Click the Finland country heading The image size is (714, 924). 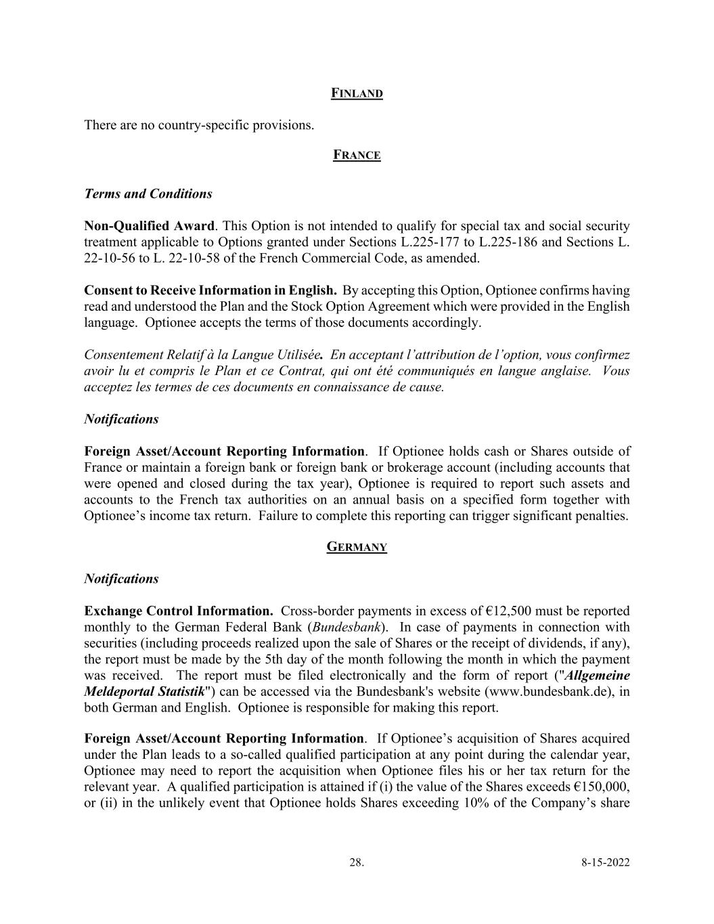[357, 93]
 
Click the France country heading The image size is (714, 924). [357, 156]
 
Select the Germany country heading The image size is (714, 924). [357, 547]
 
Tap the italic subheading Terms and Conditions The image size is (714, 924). [148, 194]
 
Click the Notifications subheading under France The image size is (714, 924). [121, 419]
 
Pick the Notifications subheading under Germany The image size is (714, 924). [121, 579]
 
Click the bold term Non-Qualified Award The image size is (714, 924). [149, 226]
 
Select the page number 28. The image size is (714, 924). [356, 862]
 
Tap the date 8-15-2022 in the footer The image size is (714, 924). [605, 862]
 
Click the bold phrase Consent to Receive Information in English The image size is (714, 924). [210, 291]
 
